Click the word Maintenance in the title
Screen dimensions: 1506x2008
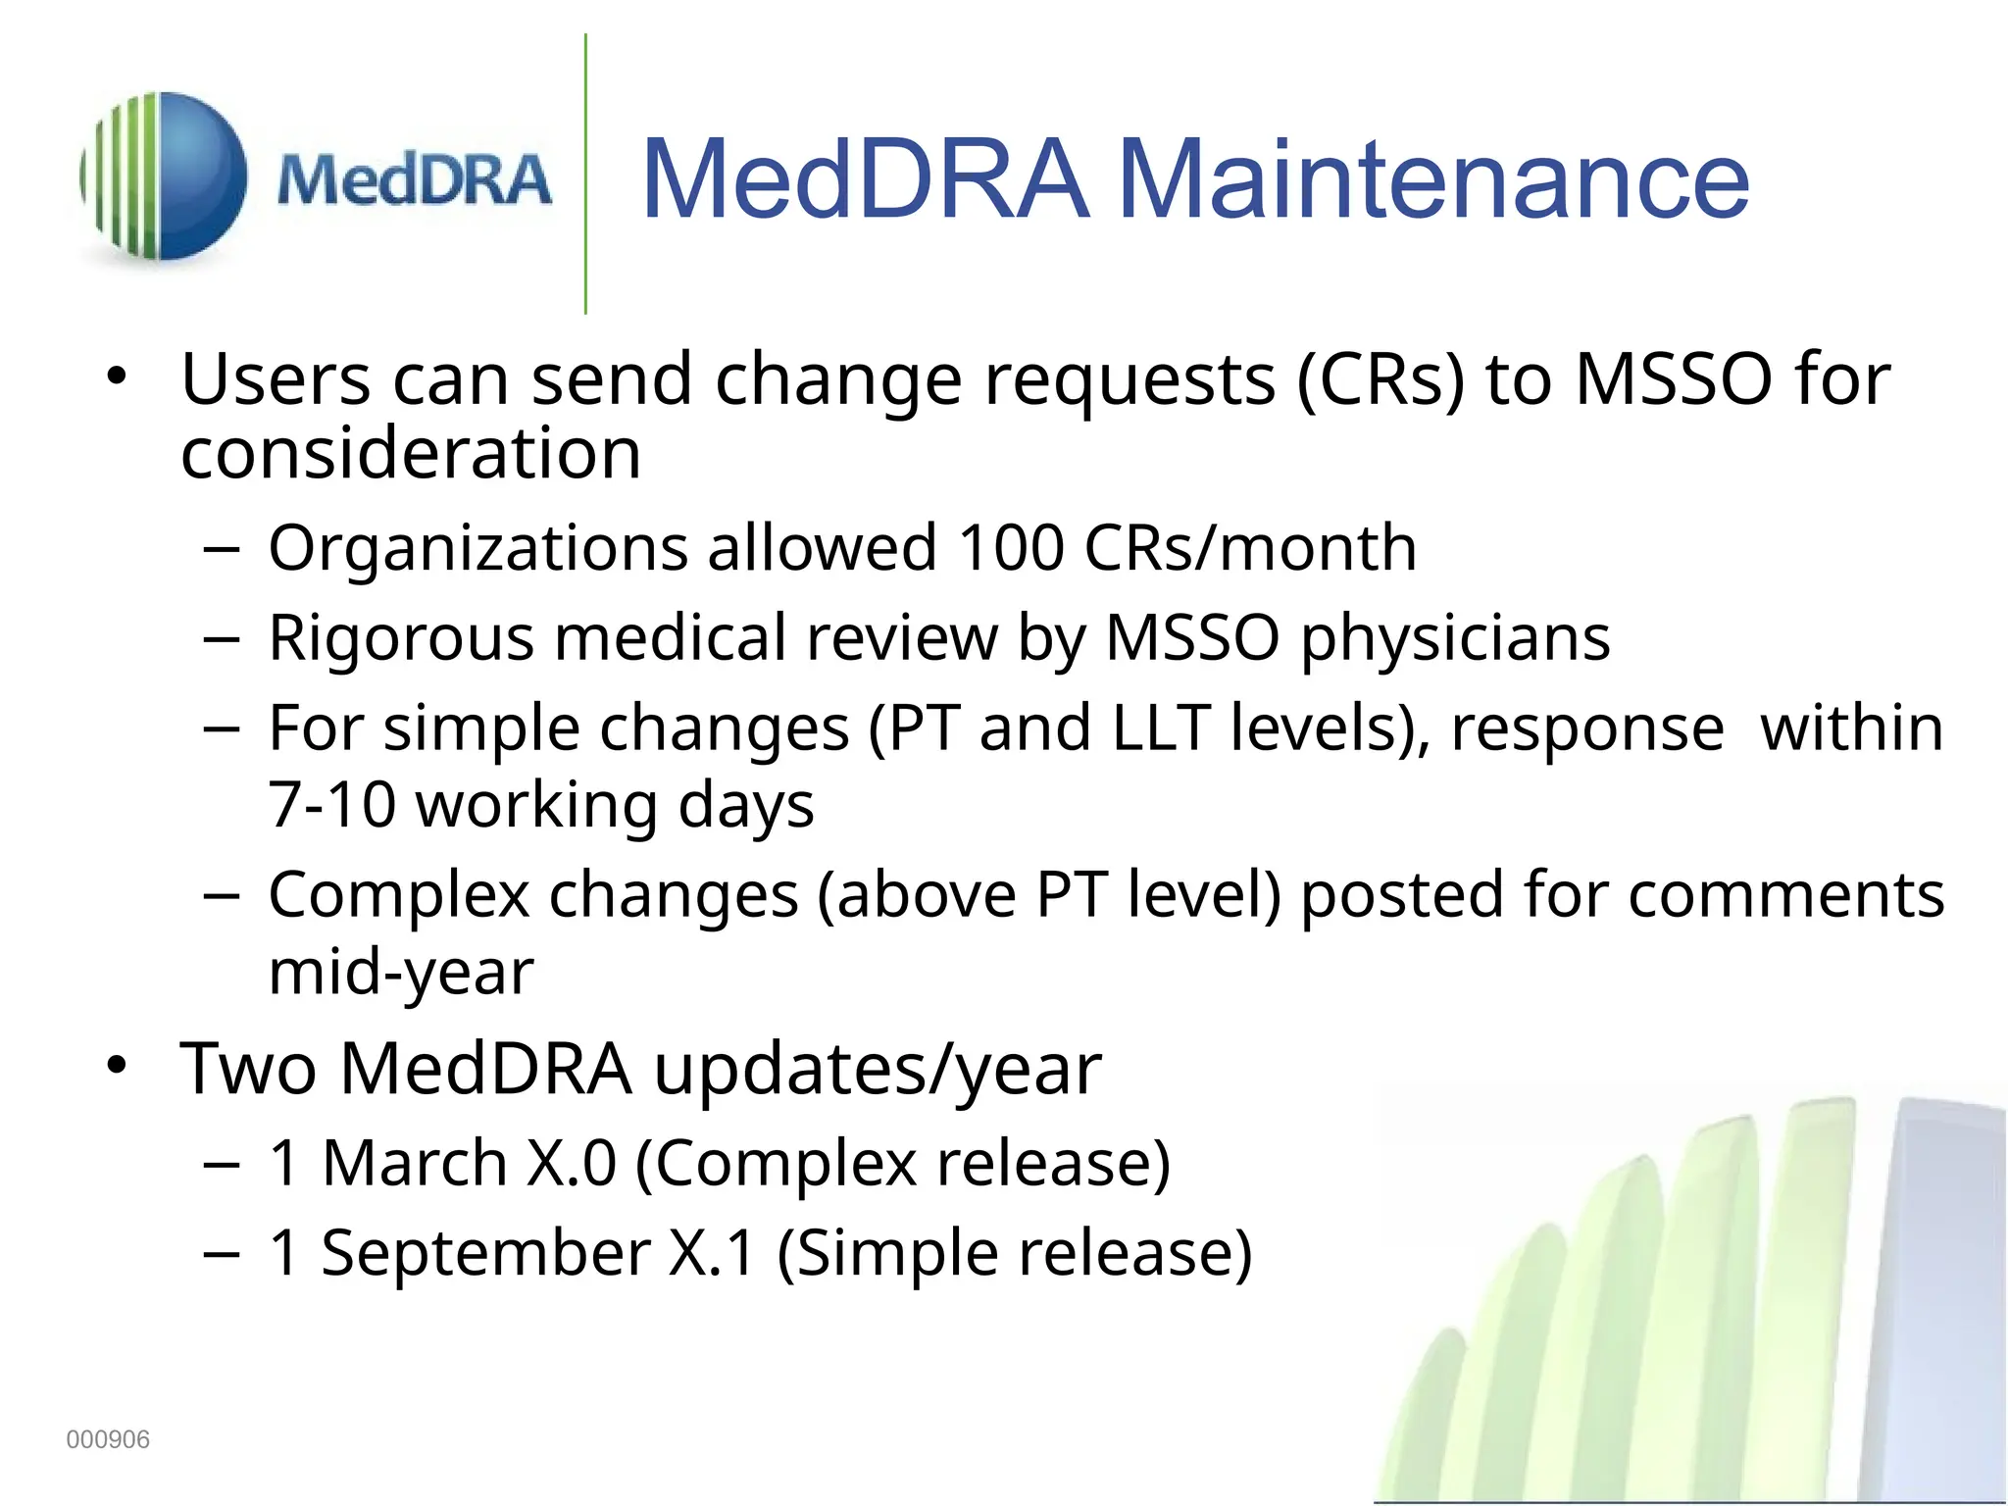(1432, 178)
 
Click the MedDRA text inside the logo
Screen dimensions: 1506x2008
(414, 181)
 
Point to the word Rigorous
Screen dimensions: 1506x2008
(401, 639)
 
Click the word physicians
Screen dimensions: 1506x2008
(1455, 639)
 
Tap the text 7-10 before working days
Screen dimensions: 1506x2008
(331, 806)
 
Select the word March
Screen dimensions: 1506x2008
(414, 1163)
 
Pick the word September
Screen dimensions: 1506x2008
(485, 1253)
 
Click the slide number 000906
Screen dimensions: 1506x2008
(108, 1439)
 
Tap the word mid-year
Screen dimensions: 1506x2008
(401, 973)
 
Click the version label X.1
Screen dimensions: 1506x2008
(712, 1253)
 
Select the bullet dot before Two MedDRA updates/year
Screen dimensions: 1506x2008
(118, 1067)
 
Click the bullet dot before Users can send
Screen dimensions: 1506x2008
(118, 377)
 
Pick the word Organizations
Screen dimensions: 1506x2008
(477, 549)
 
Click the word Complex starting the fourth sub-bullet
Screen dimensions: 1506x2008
(398, 895)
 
